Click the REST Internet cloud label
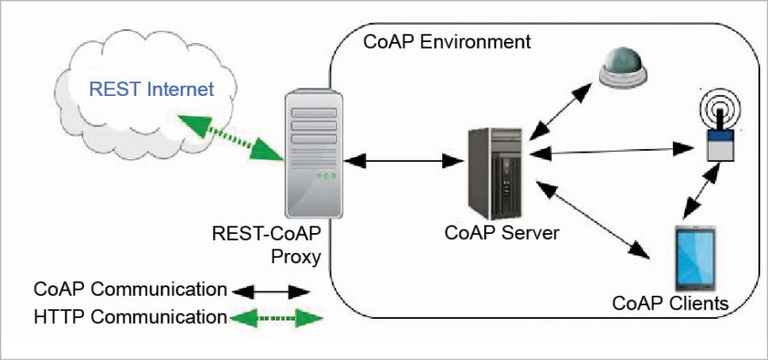click(x=142, y=88)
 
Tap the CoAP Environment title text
click(x=447, y=41)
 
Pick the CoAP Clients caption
click(x=669, y=303)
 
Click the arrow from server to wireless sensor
click(x=609, y=151)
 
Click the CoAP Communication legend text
click(x=130, y=288)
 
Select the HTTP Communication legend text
click(x=130, y=316)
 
